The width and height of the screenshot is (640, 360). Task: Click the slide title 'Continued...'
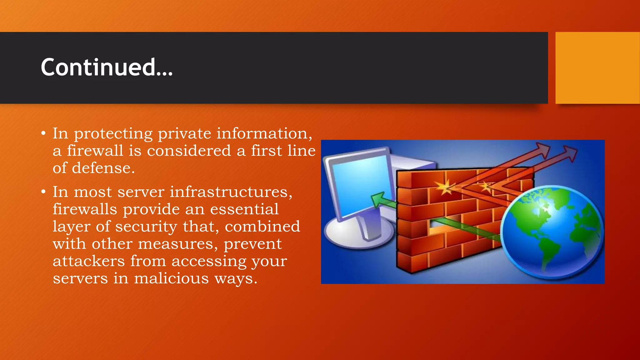pos(107,67)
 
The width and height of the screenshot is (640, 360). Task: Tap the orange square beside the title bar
pos(597,68)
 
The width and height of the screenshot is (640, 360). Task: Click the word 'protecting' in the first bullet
pos(113,134)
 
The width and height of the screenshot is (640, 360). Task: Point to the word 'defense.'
pos(103,168)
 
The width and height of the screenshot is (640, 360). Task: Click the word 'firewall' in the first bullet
pos(95,151)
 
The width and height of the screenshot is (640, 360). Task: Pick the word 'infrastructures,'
pos(231,192)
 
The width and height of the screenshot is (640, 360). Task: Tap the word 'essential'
pos(244,209)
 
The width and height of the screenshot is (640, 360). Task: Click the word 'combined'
pos(262,227)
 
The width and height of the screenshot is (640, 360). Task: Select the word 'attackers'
pos(89,261)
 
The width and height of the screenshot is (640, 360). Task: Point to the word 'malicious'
pos(171,278)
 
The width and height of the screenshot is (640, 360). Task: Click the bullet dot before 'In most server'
pos(43,192)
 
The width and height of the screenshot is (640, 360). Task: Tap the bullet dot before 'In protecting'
pos(43,134)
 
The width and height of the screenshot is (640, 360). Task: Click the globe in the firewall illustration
pos(552,231)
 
